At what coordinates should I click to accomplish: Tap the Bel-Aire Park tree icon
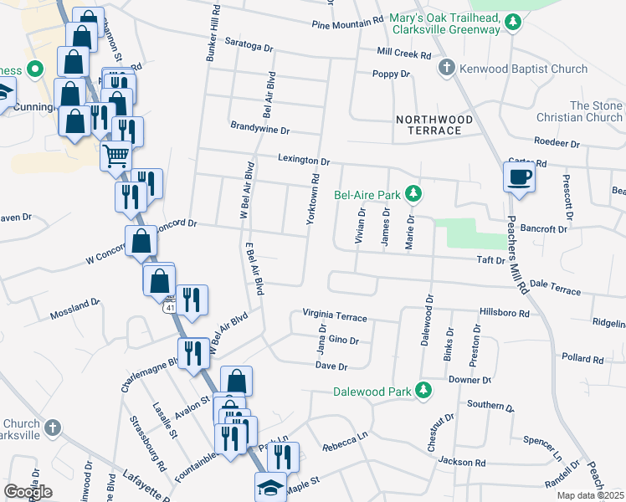(x=413, y=195)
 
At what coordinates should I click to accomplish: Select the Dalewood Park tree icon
(x=424, y=390)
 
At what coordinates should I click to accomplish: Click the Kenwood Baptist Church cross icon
(x=447, y=69)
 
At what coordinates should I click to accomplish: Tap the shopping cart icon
(x=115, y=155)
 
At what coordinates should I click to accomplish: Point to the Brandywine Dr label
(x=259, y=131)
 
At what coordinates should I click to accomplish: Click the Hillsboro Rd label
(x=505, y=313)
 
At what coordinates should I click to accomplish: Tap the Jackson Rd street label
(x=462, y=462)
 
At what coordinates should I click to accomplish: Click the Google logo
(x=28, y=492)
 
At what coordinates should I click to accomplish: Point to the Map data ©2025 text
(x=592, y=495)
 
